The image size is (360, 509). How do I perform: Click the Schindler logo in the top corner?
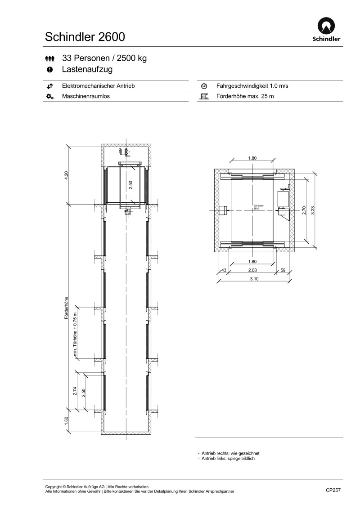click(x=326, y=29)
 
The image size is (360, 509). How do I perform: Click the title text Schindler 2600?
click(x=85, y=37)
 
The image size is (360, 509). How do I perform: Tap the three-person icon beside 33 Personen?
click(x=49, y=58)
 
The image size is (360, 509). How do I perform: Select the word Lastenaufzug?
click(x=87, y=69)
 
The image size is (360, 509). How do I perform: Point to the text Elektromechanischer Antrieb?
click(x=98, y=86)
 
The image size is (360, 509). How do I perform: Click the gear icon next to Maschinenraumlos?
click(x=49, y=96)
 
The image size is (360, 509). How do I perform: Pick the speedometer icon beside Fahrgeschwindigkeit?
click(x=204, y=86)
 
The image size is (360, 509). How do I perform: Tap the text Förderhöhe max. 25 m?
click(x=245, y=96)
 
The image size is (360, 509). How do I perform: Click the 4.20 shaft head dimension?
click(x=66, y=175)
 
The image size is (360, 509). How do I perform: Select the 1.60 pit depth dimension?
click(x=66, y=421)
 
